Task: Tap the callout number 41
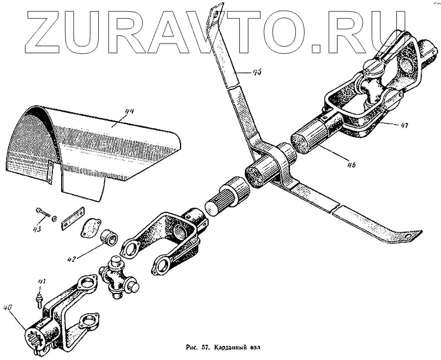coord(41,282)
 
